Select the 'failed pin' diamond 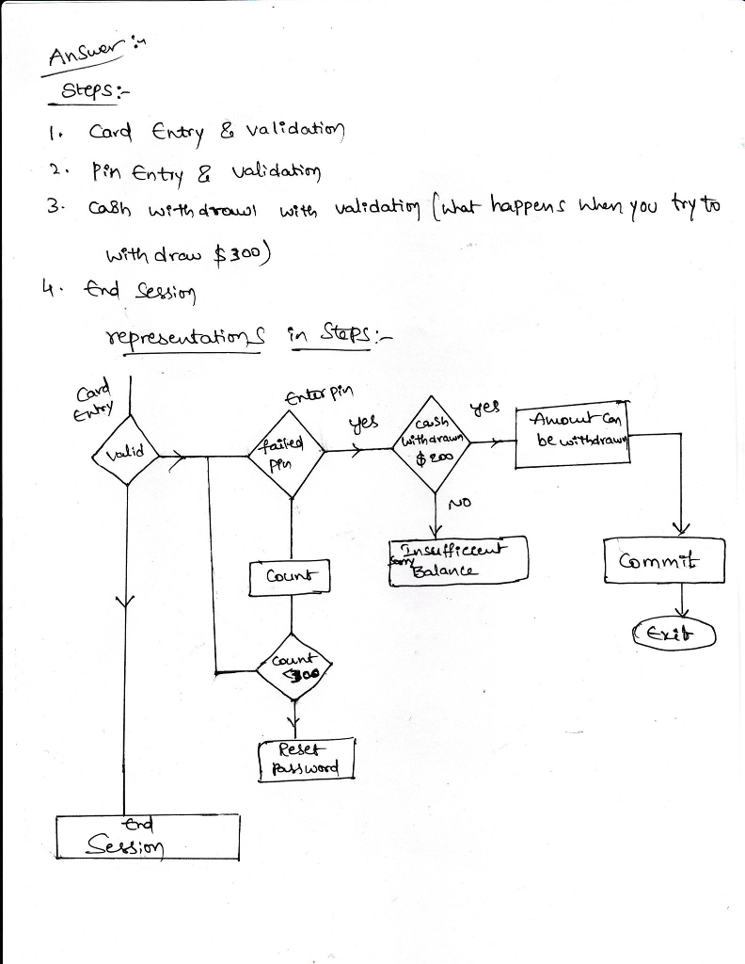pos(291,454)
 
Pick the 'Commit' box pos(664,562)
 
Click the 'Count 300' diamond pos(294,669)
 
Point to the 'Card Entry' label pos(91,397)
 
